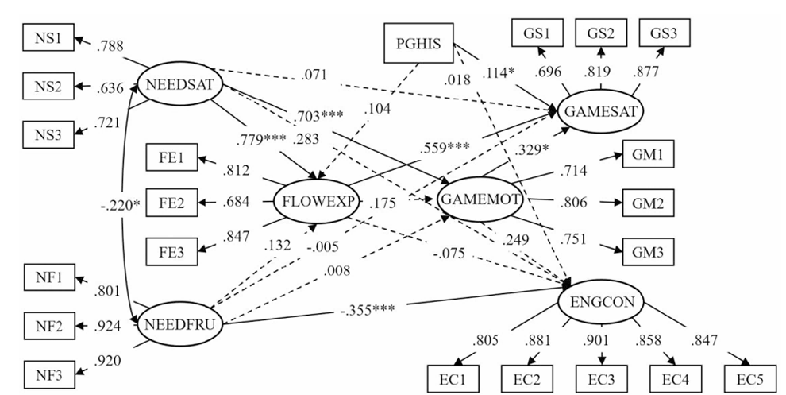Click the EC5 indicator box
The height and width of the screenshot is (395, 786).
pos(750,376)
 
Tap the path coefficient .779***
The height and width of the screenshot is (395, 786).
pos(261,141)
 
